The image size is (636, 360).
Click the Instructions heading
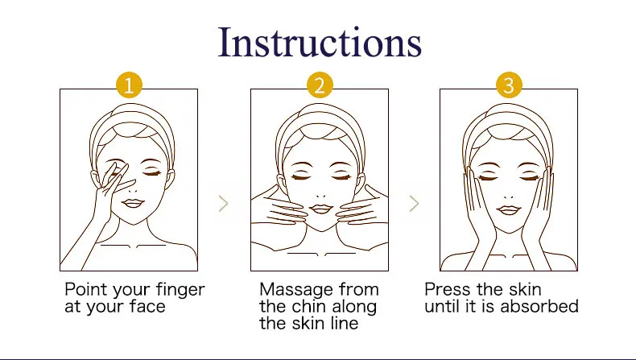point(320,42)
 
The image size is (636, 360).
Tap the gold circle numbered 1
point(129,85)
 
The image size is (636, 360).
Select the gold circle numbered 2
point(320,85)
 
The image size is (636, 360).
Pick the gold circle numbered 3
point(509,85)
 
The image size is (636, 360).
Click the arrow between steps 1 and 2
point(224,203)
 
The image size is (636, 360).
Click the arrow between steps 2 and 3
point(414,203)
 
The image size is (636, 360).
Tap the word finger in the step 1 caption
point(180,291)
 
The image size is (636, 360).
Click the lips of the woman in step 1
point(133,203)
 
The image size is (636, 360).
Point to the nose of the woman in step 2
point(320,195)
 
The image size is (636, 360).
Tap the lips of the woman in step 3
point(509,210)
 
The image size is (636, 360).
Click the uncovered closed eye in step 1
point(151,173)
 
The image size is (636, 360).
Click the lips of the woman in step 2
point(321,209)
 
